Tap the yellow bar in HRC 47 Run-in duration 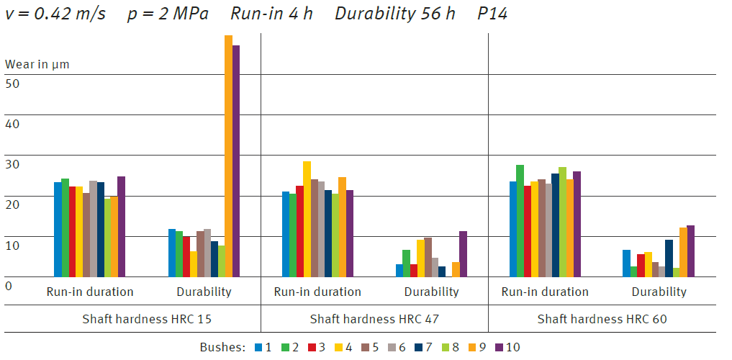(307, 219)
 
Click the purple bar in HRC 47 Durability (463, 253)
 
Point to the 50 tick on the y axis (13, 83)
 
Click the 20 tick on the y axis (13, 204)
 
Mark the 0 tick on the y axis (9, 286)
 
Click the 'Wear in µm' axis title (37, 64)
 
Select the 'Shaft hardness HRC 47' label (374, 319)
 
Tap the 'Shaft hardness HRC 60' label (602, 319)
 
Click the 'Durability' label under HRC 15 (204, 292)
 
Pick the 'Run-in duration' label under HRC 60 (545, 292)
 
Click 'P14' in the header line (492, 14)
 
